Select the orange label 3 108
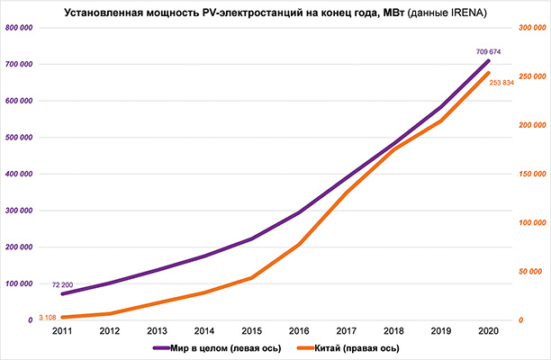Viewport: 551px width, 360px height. pyautogui.click(x=49, y=317)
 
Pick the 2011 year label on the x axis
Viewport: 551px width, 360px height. pyautogui.click(x=62, y=331)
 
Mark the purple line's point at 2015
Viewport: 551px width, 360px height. pyautogui.click(x=251, y=238)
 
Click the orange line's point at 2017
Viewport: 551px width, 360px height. pyautogui.click(x=346, y=192)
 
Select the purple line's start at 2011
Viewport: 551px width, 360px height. pyautogui.click(x=62, y=293)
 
